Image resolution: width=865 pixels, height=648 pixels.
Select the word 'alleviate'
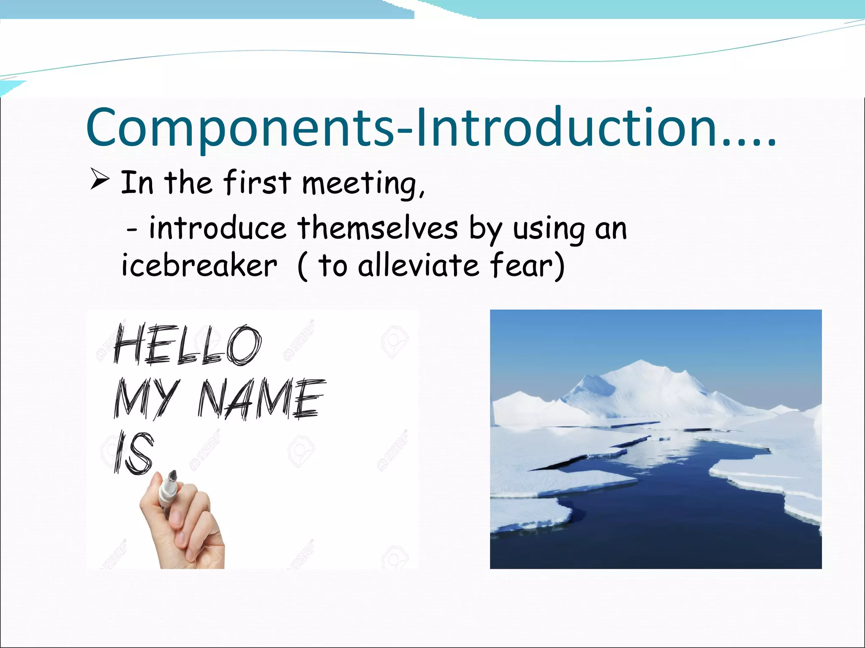pos(418,266)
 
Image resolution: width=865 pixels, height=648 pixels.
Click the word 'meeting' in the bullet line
pos(362,184)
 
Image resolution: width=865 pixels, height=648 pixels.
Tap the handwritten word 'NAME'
pos(262,399)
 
